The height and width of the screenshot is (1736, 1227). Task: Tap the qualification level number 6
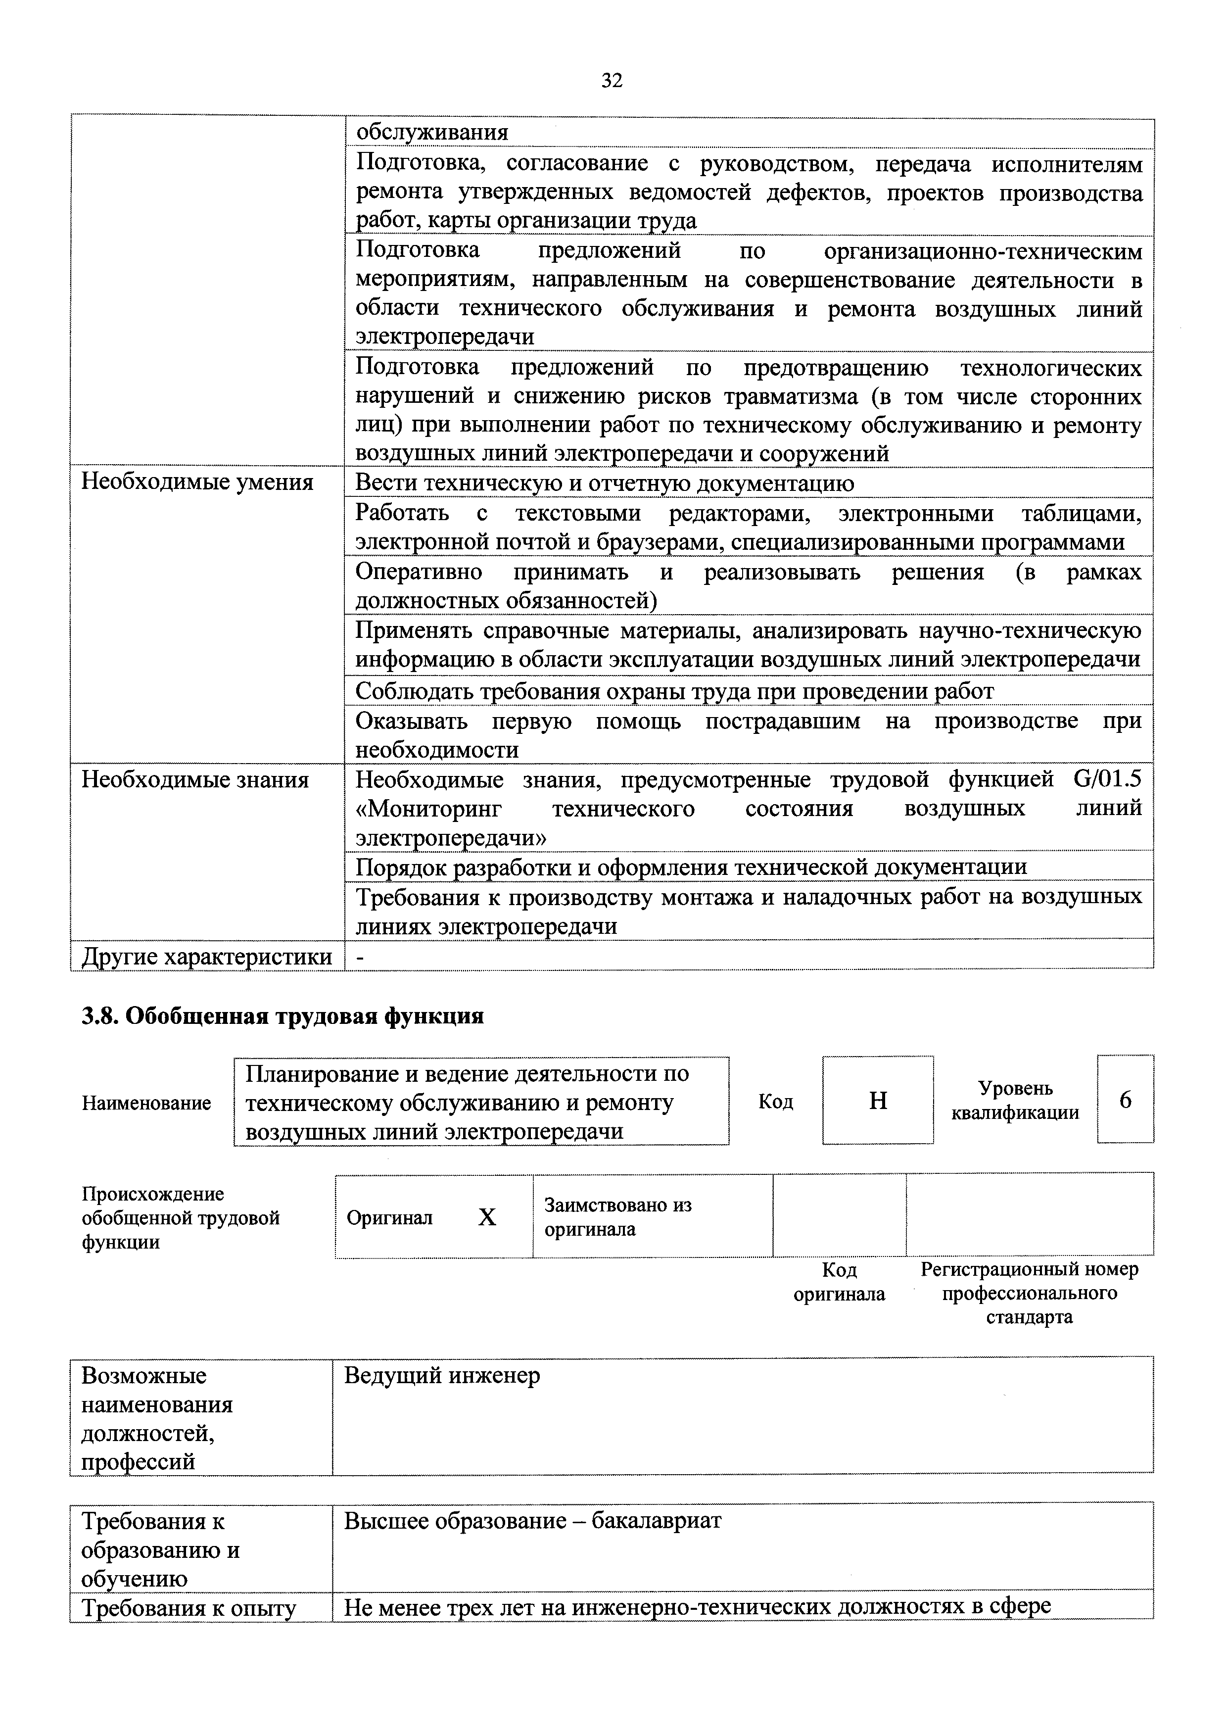[x=1125, y=1100]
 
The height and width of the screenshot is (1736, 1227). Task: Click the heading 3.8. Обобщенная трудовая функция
[x=283, y=1016]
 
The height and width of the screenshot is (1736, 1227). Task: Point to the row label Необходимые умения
[x=197, y=482]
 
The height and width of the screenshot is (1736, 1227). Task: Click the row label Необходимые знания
[x=195, y=779]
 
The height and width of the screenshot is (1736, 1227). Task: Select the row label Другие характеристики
[x=206, y=957]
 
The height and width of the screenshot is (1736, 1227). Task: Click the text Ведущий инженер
[x=442, y=1375]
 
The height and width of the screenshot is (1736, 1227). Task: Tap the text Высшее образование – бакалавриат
[x=533, y=1521]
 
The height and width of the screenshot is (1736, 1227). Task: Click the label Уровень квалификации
[x=1015, y=1100]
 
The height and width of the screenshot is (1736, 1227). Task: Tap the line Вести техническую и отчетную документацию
[x=605, y=483]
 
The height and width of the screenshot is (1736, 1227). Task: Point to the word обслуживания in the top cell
[x=432, y=132]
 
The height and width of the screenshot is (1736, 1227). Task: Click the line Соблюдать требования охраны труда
[x=674, y=691]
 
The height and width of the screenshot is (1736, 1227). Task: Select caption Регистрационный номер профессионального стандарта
[x=1029, y=1293]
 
